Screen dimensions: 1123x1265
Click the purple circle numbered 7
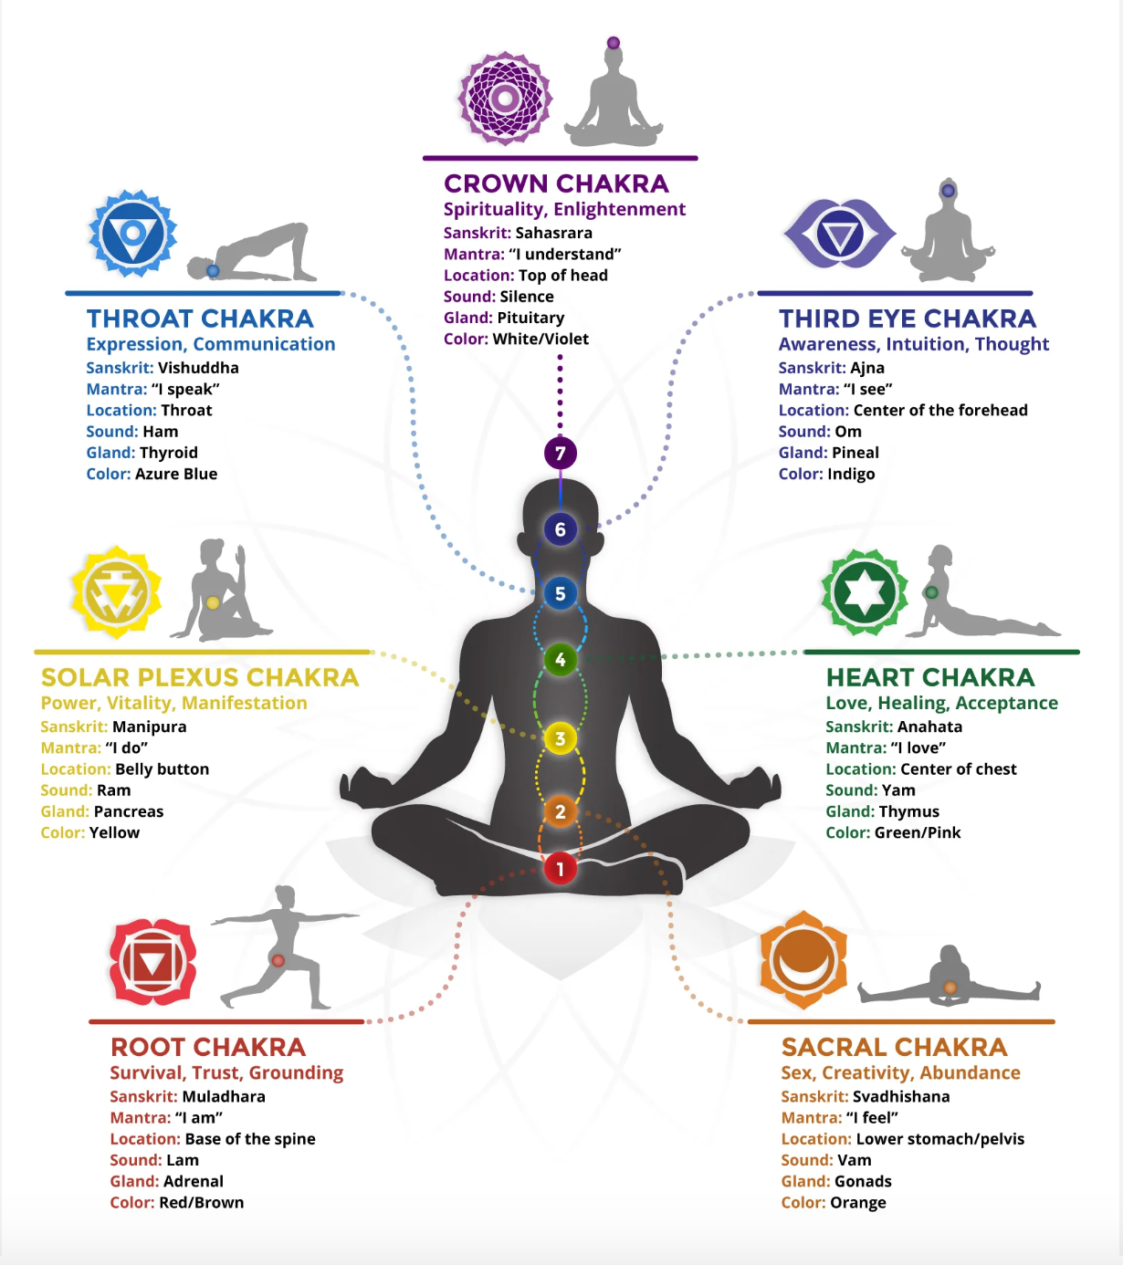point(560,453)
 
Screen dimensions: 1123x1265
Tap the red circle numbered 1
point(560,869)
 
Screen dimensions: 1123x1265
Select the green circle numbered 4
point(560,659)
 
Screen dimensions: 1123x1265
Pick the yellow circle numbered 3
point(560,738)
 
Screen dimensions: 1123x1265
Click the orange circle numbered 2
point(560,811)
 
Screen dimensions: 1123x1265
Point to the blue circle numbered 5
point(560,593)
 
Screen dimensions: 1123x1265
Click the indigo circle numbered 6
point(560,529)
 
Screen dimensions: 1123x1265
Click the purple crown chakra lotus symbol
point(505,99)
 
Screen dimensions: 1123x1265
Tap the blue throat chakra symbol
point(132,234)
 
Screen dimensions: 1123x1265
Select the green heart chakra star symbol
point(864,592)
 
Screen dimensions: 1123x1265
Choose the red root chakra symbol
point(152,962)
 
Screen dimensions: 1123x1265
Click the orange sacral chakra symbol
point(803,959)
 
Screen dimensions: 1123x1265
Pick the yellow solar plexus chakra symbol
point(116,592)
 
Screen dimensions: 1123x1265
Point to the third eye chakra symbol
point(839,235)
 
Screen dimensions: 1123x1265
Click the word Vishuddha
point(198,368)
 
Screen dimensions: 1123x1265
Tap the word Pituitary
point(530,318)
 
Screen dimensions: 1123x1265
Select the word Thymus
point(908,811)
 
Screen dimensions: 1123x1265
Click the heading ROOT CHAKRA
point(208,1047)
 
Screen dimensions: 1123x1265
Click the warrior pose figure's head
point(285,894)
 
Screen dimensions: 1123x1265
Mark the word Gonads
point(863,1181)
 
